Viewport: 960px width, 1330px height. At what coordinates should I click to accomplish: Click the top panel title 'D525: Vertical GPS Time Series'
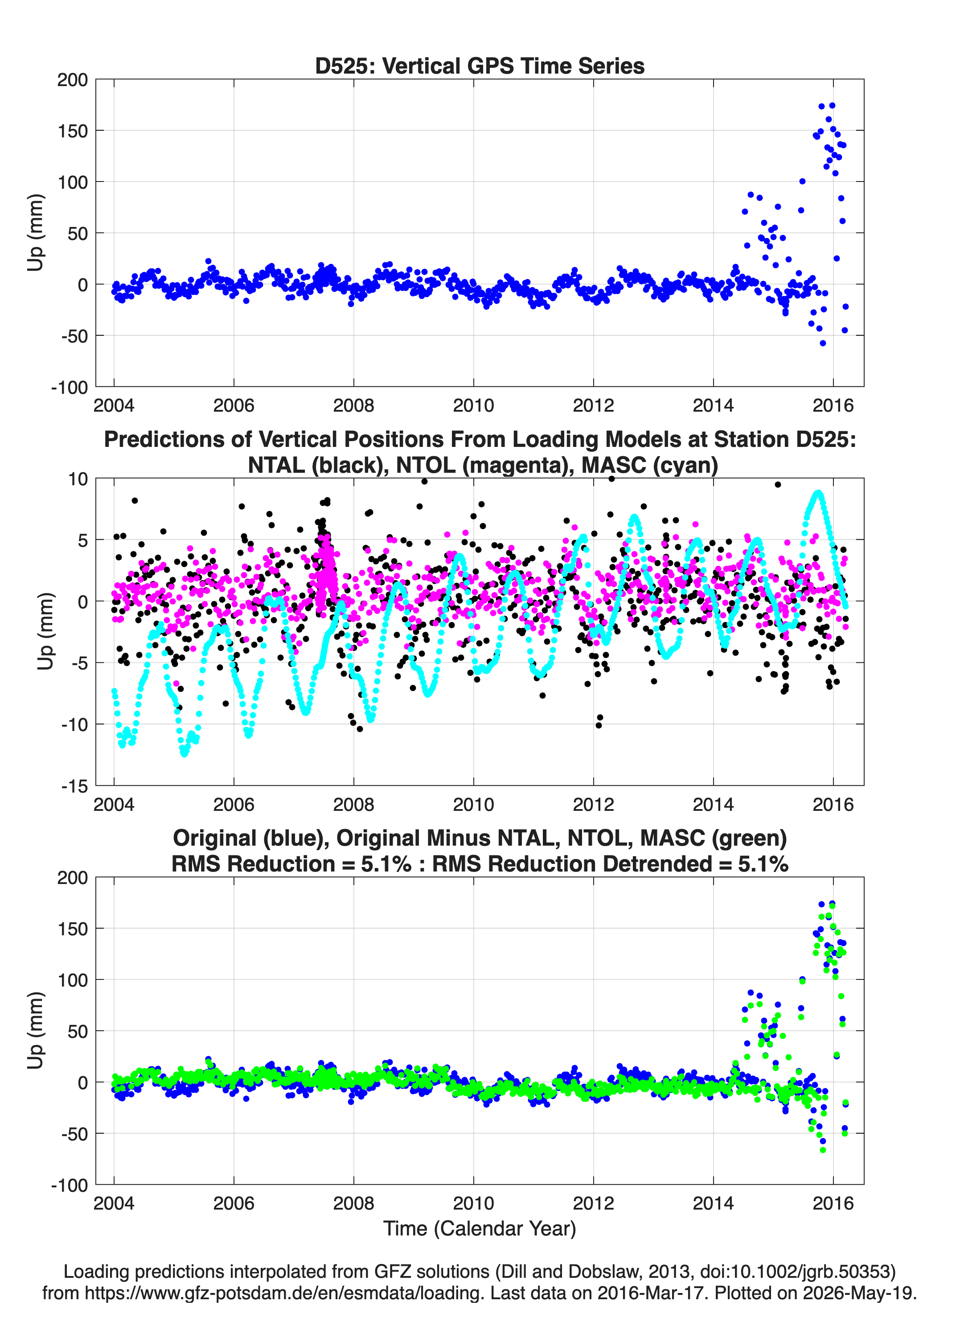point(480,66)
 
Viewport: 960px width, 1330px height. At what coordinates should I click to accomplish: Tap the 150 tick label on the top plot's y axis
point(72,131)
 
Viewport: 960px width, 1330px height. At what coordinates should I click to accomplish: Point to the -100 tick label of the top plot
point(69,387)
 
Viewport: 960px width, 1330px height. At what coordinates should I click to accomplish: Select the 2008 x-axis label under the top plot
point(353,405)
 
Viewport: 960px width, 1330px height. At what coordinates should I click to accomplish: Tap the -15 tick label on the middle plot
point(74,786)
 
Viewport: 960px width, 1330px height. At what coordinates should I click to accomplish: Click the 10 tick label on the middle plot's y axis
point(78,479)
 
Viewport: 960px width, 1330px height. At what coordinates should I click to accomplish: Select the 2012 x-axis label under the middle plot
point(593,805)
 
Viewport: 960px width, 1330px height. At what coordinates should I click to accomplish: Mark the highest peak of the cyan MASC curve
point(818,493)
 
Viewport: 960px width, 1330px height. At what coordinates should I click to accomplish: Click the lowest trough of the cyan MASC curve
point(185,754)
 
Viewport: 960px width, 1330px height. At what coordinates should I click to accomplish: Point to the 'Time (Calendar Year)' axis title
point(480,1229)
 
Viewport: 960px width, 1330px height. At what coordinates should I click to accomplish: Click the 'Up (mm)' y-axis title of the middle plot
point(46,632)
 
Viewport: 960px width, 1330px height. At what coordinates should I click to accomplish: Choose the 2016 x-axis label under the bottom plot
point(833,1203)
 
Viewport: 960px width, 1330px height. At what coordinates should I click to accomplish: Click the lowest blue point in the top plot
point(823,343)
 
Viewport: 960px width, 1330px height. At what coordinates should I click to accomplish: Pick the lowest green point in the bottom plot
point(823,1150)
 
